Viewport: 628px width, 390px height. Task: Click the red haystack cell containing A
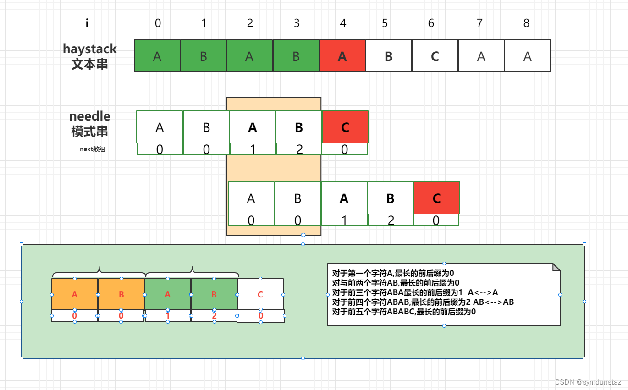point(342,56)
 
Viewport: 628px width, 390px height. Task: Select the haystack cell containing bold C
point(435,56)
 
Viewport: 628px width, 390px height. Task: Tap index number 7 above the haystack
point(479,23)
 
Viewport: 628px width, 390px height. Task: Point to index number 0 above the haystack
point(158,23)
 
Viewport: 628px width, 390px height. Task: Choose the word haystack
point(90,49)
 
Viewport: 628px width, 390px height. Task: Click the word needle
point(90,116)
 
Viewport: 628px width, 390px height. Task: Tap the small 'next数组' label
point(92,149)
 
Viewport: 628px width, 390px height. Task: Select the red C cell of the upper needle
point(345,127)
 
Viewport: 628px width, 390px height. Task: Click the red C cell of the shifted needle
point(436,198)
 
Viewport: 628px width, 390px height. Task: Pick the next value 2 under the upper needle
point(299,149)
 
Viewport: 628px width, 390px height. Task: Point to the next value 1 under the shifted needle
point(344,220)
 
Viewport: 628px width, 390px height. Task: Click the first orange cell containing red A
point(75,295)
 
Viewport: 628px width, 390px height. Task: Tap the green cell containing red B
point(214,295)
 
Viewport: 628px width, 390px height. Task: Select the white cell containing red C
point(260,295)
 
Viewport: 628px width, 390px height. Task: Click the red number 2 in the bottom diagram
point(214,316)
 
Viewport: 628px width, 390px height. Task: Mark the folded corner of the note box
point(556,267)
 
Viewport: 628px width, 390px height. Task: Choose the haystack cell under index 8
point(527,56)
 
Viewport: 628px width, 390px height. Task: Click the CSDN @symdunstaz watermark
point(588,382)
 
